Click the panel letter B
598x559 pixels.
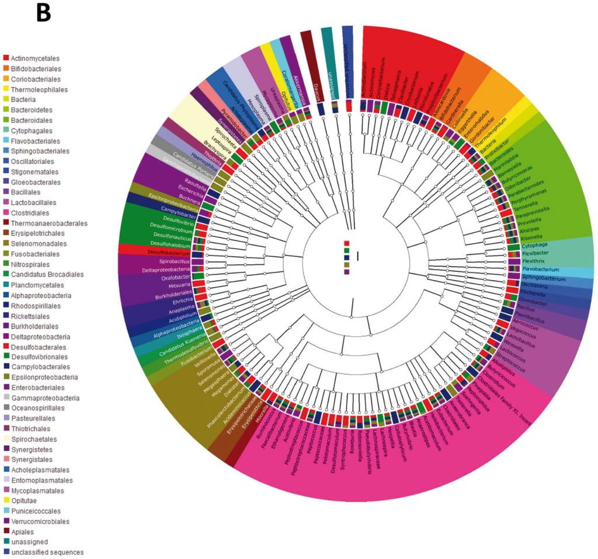(x=44, y=13)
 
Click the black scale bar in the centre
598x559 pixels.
(x=357, y=256)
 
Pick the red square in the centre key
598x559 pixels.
(x=346, y=243)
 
